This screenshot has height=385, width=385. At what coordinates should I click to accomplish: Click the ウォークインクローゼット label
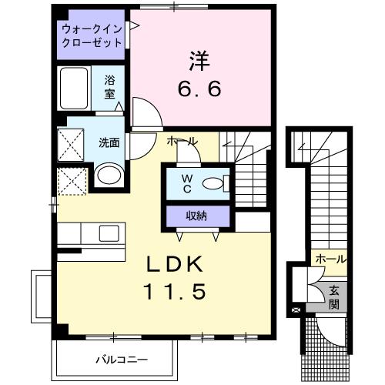[92, 35]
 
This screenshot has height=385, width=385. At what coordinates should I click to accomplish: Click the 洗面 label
[108, 142]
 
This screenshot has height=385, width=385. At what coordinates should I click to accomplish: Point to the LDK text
[176, 265]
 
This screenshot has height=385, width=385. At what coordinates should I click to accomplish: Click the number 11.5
[176, 293]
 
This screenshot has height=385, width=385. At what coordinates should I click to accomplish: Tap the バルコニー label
[121, 359]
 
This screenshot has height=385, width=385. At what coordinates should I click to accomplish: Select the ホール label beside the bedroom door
[182, 142]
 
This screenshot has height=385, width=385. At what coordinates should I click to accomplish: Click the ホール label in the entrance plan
[330, 259]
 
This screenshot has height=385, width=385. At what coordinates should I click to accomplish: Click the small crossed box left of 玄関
[297, 310]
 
